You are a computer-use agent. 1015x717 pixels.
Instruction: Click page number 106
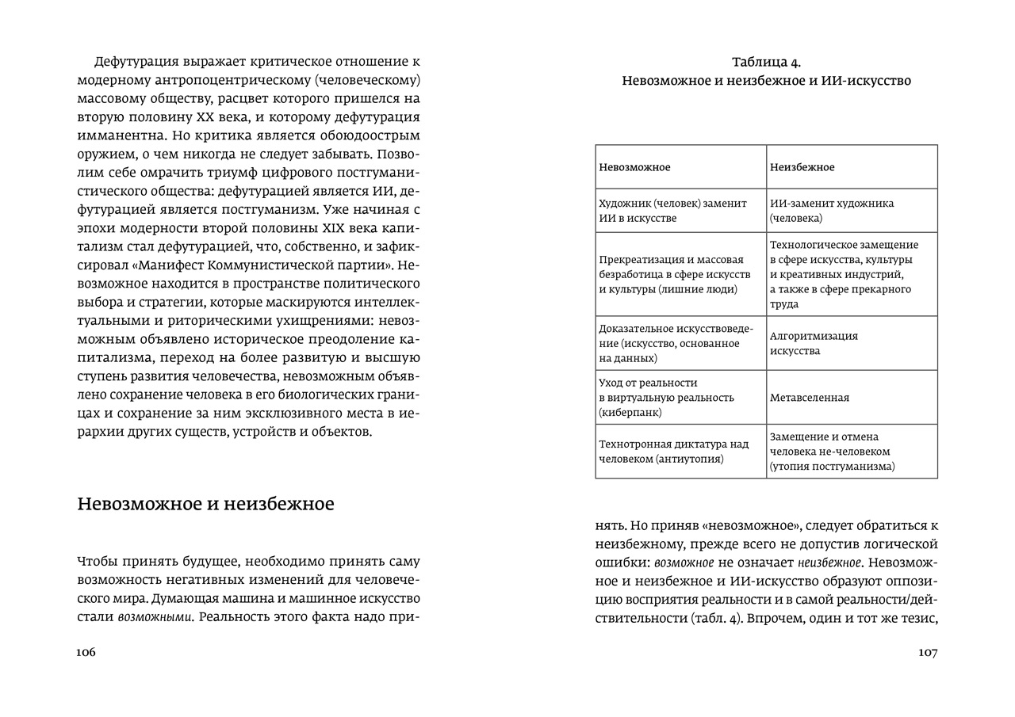click(86, 653)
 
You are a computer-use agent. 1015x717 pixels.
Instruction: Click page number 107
click(928, 653)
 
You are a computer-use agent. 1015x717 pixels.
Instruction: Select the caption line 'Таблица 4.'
click(766, 63)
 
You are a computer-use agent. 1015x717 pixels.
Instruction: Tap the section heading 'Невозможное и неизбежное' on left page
click(205, 504)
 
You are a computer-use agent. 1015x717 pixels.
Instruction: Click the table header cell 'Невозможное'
click(680, 167)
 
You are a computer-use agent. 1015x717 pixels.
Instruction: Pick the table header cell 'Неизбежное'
click(852, 167)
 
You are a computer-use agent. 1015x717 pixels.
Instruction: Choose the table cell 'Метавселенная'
click(852, 398)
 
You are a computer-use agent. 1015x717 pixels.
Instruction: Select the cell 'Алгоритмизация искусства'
click(852, 343)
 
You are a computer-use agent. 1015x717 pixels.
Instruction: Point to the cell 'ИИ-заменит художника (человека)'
click(852, 211)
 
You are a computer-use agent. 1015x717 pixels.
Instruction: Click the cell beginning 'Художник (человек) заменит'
click(680, 211)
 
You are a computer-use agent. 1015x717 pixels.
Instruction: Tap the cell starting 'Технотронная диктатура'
click(680, 452)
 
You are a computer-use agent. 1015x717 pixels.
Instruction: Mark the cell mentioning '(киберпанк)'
click(680, 398)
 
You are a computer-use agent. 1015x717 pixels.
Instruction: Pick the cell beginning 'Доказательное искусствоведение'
click(680, 343)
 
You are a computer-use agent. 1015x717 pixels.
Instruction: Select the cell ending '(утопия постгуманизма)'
click(852, 452)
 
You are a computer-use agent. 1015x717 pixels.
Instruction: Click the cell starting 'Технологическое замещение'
click(852, 274)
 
